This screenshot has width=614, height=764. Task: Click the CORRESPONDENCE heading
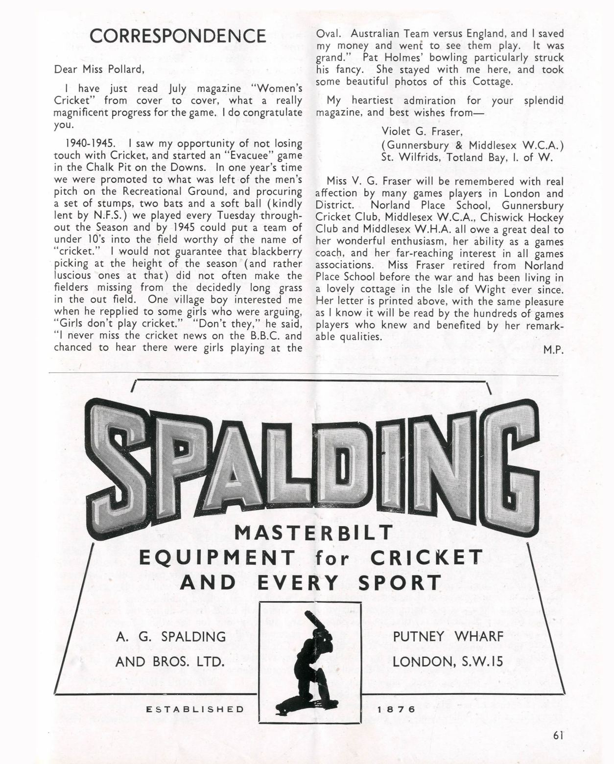(x=178, y=36)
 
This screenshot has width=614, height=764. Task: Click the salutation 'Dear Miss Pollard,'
(x=99, y=69)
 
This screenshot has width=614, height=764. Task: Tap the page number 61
(x=558, y=735)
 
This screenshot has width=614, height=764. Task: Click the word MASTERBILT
(x=314, y=532)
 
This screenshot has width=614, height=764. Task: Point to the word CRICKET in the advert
(x=426, y=557)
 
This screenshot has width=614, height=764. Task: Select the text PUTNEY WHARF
(x=448, y=636)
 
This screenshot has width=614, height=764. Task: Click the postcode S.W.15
(x=483, y=662)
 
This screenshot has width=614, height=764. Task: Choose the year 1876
(x=396, y=709)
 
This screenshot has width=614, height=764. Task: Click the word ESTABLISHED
(x=195, y=709)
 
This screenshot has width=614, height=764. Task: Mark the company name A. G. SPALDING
(x=171, y=637)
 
